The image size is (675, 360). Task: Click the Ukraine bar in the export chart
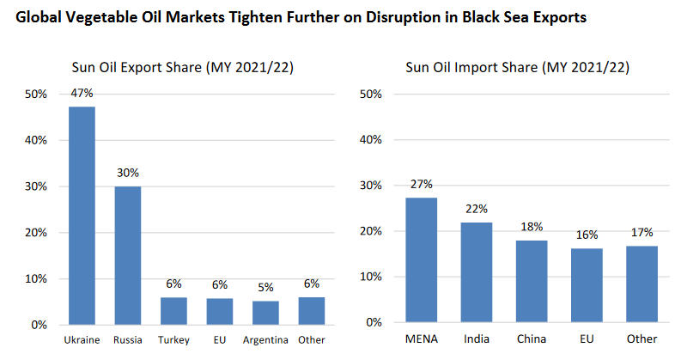pyautogui.click(x=82, y=216)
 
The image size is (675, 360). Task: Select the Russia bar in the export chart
pyautogui.click(x=128, y=255)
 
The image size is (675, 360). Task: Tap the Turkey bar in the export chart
pyautogui.click(x=173, y=310)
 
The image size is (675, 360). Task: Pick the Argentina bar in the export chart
pyautogui.click(x=265, y=313)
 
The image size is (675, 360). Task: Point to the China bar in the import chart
pyautogui.click(x=532, y=281)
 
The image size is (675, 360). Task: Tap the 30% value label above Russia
pyautogui.click(x=128, y=173)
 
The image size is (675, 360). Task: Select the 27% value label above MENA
pyautogui.click(x=421, y=184)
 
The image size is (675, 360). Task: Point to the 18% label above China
pyautogui.click(x=532, y=226)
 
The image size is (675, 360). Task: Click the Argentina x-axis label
pyautogui.click(x=265, y=340)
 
